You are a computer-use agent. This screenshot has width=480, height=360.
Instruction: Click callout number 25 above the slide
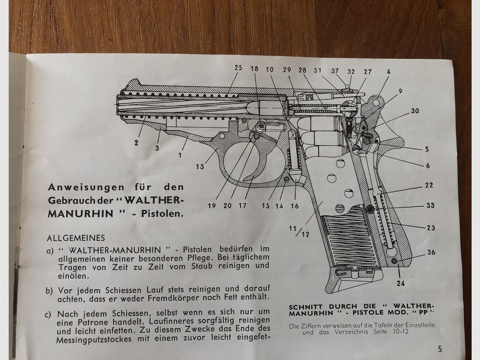coord(238,68)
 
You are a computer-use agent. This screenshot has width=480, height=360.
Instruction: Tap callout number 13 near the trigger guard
coord(200,166)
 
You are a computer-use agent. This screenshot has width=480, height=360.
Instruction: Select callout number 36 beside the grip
coord(431,253)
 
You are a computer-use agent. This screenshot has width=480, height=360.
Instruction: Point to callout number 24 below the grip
coord(401,283)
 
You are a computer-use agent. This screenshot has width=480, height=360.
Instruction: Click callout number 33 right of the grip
coord(431,206)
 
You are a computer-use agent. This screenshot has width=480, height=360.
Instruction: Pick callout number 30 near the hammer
coord(415,111)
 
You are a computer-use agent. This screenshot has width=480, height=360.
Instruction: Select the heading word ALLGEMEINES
coord(76,238)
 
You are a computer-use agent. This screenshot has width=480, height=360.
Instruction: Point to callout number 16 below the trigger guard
coord(295,206)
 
